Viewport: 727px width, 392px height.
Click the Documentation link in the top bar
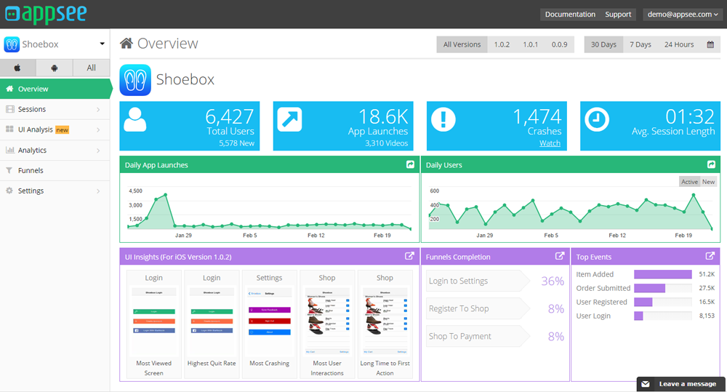click(x=570, y=15)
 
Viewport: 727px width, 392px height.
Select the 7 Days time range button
click(x=640, y=44)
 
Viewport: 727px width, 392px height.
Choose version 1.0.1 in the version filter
click(x=531, y=44)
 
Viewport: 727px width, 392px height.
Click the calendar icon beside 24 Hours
click(x=710, y=44)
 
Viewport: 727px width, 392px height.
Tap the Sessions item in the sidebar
click(x=32, y=109)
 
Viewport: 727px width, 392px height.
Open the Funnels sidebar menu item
click(x=31, y=170)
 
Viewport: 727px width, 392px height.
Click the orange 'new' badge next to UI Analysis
click(x=63, y=129)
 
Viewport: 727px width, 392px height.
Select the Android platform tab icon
click(x=55, y=68)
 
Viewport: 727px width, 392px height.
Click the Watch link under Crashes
click(x=550, y=143)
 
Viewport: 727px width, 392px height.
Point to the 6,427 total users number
click(x=229, y=116)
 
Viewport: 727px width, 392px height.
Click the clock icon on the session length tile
click(x=597, y=119)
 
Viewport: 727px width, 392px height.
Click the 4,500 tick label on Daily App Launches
click(x=135, y=191)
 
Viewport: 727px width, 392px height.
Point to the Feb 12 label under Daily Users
click(x=617, y=236)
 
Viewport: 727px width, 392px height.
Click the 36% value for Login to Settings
click(x=553, y=281)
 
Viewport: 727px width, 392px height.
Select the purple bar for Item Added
click(x=662, y=274)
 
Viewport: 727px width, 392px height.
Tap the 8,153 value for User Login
click(x=706, y=316)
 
